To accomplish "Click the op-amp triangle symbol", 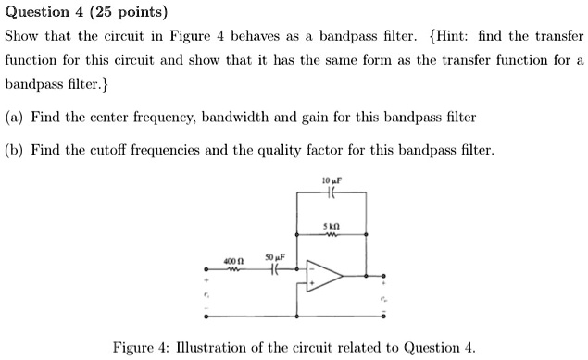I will pos(325,275).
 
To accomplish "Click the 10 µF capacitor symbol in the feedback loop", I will pos(332,192).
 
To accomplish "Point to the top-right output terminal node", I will pos(385,275).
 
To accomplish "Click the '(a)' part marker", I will pos(14,118).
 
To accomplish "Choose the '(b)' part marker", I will pos(15,149).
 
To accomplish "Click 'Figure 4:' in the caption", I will pos(141,348).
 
